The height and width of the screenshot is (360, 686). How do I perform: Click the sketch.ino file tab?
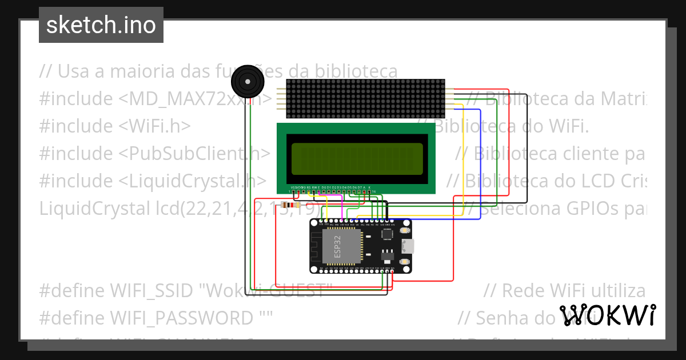(x=101, y=25)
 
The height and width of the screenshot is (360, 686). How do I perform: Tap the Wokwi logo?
(x=607, y=315)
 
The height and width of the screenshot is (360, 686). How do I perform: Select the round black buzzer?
(x=246, y=82)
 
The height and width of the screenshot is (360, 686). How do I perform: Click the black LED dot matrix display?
(x=365, y=98)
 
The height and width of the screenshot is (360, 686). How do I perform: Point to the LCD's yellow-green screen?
(x=357, y=159)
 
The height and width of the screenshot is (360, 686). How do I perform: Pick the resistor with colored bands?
(x=291, y=205)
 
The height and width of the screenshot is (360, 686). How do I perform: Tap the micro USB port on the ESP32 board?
(x=408, y=246)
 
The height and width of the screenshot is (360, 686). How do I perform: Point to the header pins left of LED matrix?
(x=281, y=99)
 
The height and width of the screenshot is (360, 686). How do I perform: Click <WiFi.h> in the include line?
(x=154, y=126)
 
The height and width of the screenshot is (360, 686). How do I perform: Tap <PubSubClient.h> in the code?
(x=194, y=153)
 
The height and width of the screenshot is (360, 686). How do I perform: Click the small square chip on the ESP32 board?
(x=388, y=233)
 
